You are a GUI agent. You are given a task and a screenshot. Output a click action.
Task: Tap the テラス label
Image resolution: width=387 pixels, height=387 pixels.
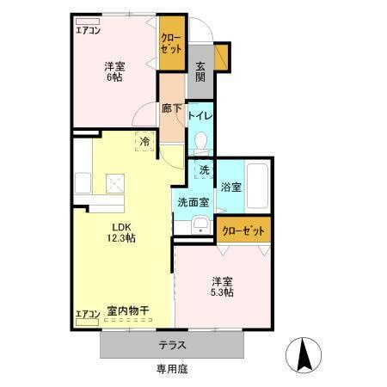click(172, 345)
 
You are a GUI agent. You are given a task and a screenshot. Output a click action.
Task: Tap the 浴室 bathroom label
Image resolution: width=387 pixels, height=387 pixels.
click(230, 186)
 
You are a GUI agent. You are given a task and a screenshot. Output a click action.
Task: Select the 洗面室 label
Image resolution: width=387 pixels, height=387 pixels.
click(193, 203)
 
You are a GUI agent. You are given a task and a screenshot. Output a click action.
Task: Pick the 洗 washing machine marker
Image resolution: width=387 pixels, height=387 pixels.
click(204, 170)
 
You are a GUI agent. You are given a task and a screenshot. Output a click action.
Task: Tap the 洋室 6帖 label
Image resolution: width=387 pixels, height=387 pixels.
click(116, 71)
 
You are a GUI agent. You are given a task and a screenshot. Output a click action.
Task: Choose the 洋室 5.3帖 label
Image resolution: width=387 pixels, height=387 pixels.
click(224, 286)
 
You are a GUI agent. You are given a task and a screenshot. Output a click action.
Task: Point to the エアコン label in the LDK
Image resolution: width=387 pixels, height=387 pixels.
click(87, 313)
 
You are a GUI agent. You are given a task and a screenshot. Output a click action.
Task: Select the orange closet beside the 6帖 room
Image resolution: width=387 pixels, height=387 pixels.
click(171, 46)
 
